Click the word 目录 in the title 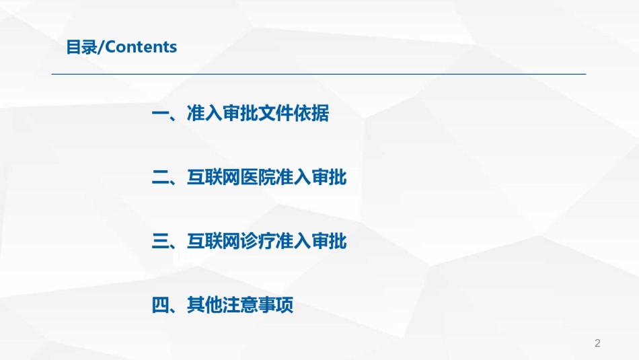point(82,47)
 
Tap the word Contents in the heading point(141,47)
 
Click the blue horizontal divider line point(319,74)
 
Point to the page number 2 point(597,343)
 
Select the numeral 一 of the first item point(160,113)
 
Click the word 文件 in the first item point(276,113)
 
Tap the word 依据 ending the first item point(311,113)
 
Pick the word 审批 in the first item point(240,113)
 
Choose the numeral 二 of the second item point(160,178)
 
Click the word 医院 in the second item point(258,178)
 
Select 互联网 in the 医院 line point(213,178)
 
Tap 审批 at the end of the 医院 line point(329,178)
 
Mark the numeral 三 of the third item point(160,241)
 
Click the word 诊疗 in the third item point(258,241)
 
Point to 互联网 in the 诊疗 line point(213,241)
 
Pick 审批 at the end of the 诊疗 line point(329,241)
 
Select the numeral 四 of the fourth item point(160,305)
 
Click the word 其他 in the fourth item point(204,305)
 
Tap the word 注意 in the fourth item point(240,305)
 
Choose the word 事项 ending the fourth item point(276,305)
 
